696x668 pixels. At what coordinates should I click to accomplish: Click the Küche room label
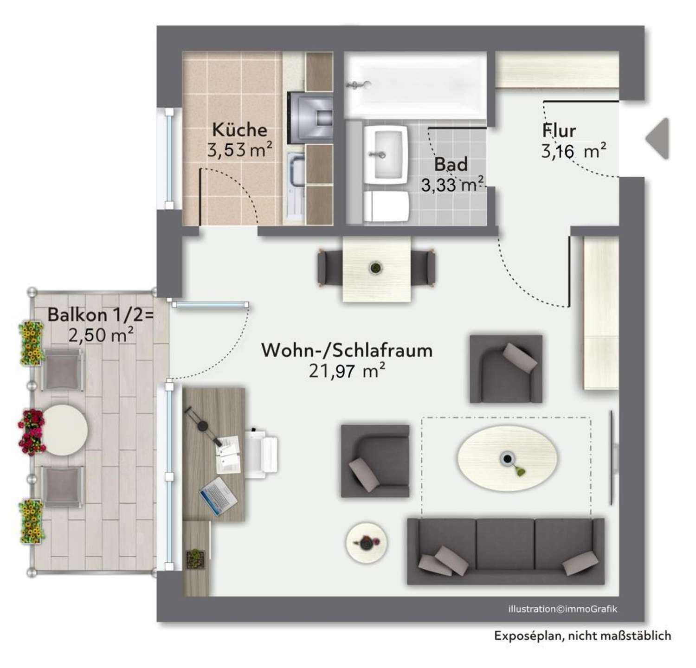(239, 129)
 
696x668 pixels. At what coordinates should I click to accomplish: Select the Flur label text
(559, 131)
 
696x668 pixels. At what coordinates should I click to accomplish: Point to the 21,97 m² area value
(347, 371)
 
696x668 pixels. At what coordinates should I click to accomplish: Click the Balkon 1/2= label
(100, 315)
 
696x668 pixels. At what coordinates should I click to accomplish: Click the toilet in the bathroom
(386, 206)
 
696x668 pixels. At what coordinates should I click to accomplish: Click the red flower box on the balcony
(32, 431)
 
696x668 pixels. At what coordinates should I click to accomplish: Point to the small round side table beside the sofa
(367, 542)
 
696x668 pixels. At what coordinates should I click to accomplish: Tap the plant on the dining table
(374, 268)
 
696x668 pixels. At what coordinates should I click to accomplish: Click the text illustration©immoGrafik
(563, 609)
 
